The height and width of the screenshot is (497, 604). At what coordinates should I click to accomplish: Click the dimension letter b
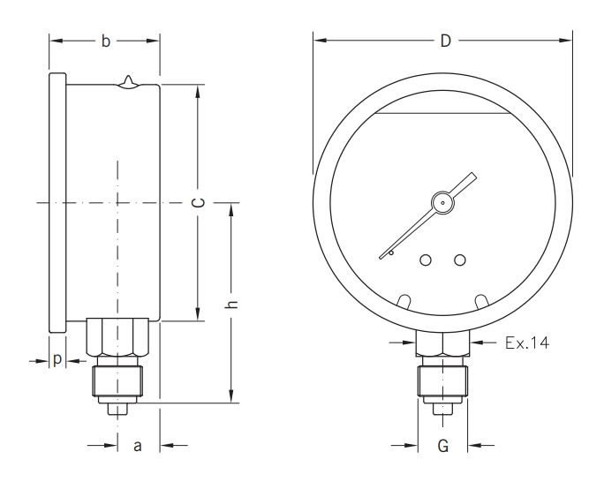click(x=105, y=41)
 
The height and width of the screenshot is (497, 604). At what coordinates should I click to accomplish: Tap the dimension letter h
click(x=232, y=303)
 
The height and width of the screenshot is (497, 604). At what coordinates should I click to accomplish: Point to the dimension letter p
click(x=57, y=360)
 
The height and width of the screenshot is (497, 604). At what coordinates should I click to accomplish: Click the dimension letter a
click(x=137, y=446)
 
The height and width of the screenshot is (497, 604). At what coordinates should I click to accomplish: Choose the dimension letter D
click(x=446, y=41)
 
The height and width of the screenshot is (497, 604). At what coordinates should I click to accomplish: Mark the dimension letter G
click(x=443, y=446)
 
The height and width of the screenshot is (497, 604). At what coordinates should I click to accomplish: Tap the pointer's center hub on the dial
click(x=441, y=203)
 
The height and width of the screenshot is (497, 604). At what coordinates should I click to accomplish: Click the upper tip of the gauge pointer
click(x=474, y=177)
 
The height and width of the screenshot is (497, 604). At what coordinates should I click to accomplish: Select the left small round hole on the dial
click(x=426, y=260)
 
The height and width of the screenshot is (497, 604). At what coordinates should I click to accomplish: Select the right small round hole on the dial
click(x=459, y=260)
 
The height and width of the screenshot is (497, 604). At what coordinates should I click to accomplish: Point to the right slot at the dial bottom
click(x=482, y=301)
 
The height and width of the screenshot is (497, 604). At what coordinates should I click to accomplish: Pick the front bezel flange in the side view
click(x=57, y=203)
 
